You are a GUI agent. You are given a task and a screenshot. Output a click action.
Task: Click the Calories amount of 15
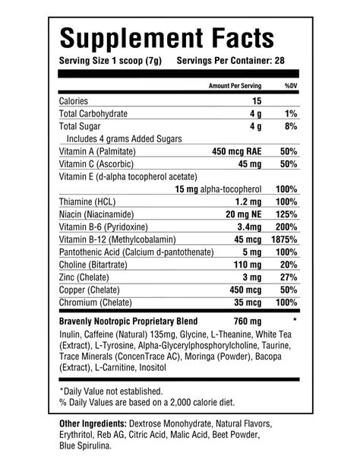[x=257, y=100]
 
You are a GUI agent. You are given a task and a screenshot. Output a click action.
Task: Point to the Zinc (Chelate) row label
[x=92, y=277]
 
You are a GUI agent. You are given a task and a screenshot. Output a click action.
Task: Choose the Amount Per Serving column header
[x=235, y=86]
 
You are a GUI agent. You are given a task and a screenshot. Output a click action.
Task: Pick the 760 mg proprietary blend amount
[x=247, y=321]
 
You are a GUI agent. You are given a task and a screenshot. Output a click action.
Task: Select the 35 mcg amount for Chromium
[x=248, y=303]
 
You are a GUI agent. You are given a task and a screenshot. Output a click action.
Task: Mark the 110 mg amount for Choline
[x=248, y=264]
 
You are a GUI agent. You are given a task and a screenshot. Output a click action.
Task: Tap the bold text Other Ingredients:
[x=93, y=423]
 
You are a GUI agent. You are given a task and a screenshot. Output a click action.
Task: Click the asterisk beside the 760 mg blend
[x=294, y=321]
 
